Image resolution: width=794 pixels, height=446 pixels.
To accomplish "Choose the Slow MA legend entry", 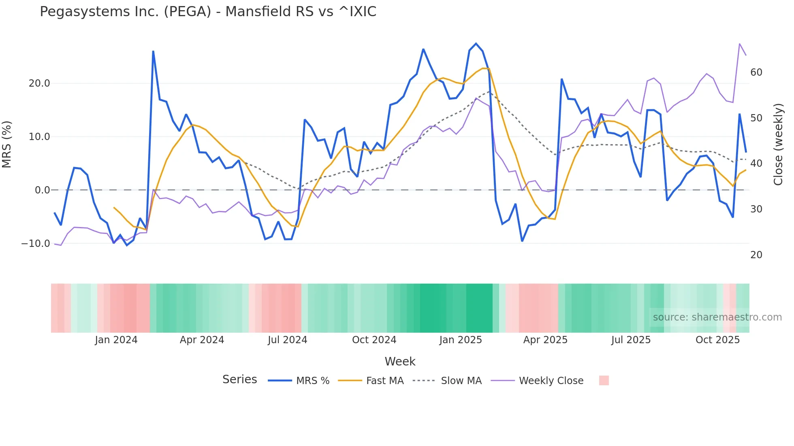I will click(447, 381).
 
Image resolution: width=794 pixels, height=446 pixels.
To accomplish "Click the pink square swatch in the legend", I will click(604, 380).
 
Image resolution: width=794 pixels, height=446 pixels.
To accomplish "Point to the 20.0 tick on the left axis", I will click(39, 83).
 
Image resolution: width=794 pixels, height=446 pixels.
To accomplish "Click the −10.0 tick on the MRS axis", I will click(36, 244).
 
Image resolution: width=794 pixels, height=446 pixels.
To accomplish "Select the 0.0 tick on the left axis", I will click(42, 190).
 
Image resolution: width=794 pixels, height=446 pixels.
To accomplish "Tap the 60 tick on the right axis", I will click(756, 72).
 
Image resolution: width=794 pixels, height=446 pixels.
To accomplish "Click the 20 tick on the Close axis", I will click(756, 255).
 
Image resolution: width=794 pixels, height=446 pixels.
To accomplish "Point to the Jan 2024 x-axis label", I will click(116, 340).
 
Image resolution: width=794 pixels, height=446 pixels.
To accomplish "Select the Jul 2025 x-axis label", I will click(631, 340).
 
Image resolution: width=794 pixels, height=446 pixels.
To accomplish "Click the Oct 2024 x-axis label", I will click(374, 340).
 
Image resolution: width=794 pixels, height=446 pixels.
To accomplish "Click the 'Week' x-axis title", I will click(400, 361).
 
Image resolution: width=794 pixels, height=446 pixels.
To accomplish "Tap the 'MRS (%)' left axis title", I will click(7, 144).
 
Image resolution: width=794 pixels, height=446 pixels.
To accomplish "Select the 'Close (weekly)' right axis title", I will click(778, 144).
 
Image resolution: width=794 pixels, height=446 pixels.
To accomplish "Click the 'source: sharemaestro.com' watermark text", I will click(717, 317).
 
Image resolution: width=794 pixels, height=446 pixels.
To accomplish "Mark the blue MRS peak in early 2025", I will click(476, 44).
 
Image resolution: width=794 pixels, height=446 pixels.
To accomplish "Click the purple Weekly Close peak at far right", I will click(739, 44).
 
